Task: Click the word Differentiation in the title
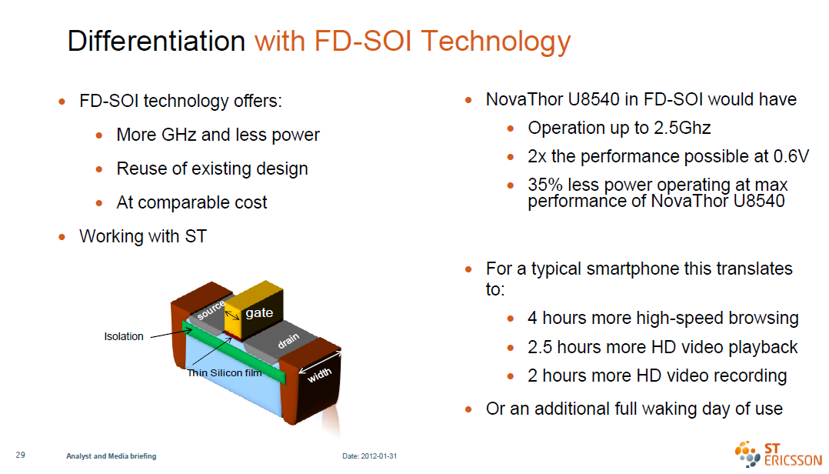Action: tap(157, 41)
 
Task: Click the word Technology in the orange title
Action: tap(496, 42)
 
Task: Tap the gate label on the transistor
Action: tap(259, 312)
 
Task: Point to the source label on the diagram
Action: tap(211, 310)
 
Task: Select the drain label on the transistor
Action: tap(288, 341)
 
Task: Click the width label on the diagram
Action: tap(319, 375)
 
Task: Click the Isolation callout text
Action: tap(124, 336)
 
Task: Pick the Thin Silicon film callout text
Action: tap(225, 373)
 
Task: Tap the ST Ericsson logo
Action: tap(778, 454)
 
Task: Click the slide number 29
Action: tap(21, 455)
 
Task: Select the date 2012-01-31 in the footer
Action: tap(379, 456)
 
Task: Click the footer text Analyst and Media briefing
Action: tap(111, 456)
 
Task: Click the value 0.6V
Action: tap(791, 157)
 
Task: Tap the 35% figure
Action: tap(545, 185)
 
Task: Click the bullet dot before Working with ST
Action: tap(62, 237)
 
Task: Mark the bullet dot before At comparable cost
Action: tap(99, 203)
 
